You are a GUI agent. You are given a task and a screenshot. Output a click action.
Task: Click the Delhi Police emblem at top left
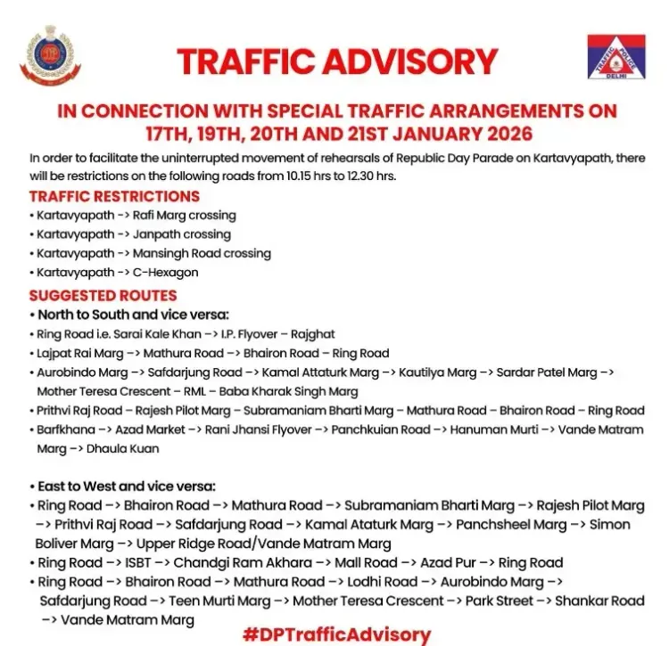(50, 56)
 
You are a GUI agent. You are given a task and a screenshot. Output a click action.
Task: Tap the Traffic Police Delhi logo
(615, 59)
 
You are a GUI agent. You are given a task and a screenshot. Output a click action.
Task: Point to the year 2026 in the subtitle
(500, 134)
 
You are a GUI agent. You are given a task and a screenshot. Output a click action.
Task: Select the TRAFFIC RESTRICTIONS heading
(114, 196)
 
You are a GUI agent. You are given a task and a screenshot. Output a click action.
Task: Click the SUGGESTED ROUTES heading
(103, 295)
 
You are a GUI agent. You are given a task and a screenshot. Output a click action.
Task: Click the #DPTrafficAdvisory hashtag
(335, 634)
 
